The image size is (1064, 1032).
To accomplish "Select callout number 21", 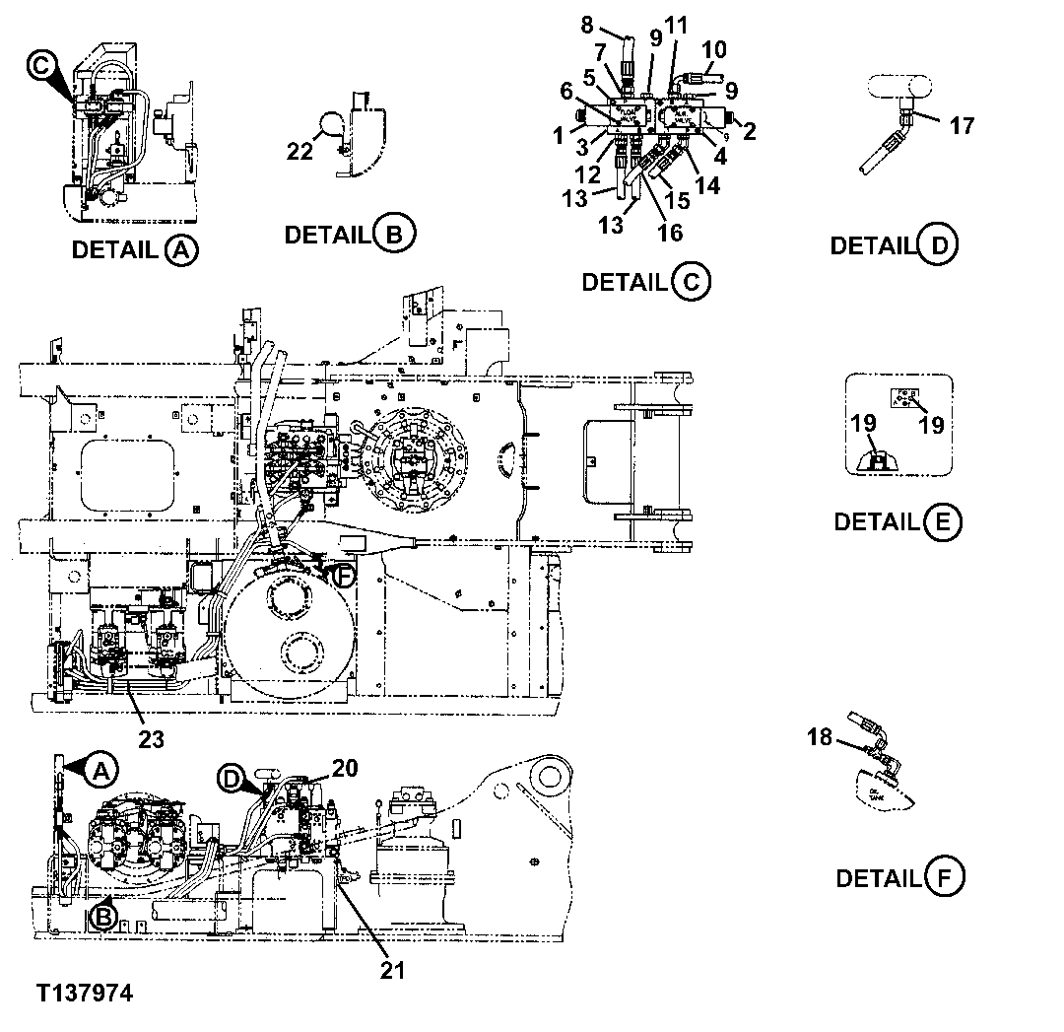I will [x=392, y=970].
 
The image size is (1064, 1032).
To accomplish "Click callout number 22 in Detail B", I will [x=299, y=151].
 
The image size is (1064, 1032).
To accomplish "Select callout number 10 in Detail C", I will [x=715, y=48].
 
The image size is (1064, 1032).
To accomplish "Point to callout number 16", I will [x=670, y=234].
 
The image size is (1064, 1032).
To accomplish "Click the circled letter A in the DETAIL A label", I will [x=180, y=250].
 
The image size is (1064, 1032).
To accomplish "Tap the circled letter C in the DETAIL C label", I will [x=690, y=283].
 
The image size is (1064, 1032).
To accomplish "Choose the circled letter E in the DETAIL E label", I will [x=943, y=521].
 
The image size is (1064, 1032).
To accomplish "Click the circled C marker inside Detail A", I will [x=39, y=66].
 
